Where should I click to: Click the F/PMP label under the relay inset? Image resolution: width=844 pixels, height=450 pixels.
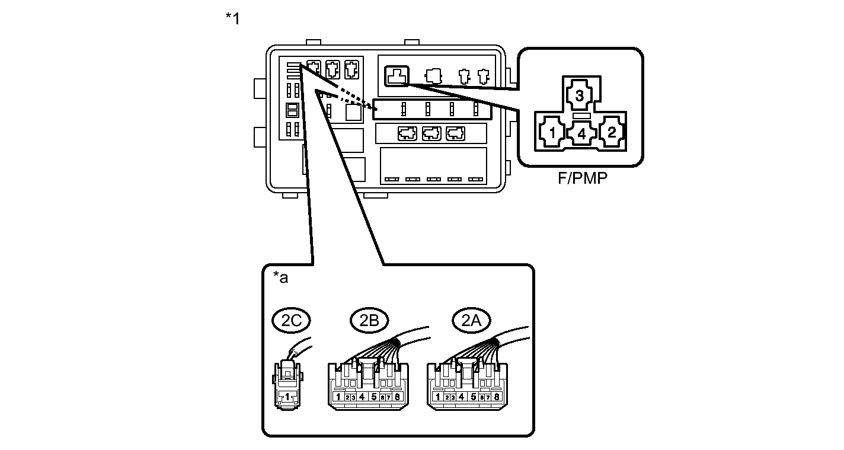[583, 178]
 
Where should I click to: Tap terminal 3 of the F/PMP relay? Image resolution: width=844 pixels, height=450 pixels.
[580, 95]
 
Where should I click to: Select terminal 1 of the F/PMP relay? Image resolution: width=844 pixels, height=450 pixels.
[552, 133]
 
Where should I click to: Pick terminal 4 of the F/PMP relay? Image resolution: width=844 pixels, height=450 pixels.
[582, 133]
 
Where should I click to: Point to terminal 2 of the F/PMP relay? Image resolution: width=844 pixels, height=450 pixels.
[612, 132]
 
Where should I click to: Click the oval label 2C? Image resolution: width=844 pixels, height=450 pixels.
[291, 320]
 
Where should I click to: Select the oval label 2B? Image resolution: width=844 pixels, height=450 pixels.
[369, 320]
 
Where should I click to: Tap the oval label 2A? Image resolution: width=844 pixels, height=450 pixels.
[471, 320]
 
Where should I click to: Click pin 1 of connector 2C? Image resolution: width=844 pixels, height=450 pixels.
[287, 397]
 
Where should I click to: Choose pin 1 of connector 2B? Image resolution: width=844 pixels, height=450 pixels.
[338, 397]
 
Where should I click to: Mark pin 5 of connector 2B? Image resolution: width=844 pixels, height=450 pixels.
[374, 397]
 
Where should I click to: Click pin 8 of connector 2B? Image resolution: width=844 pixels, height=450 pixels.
[397, 397]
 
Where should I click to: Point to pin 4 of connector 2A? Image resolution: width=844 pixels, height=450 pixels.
[461, 397]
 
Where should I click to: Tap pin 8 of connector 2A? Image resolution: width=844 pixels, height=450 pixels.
[497, 397]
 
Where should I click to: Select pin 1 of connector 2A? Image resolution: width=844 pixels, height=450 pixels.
[438, 397]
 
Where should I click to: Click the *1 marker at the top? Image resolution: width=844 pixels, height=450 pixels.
[232, 18]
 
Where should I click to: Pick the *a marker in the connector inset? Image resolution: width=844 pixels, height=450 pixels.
[280, 277]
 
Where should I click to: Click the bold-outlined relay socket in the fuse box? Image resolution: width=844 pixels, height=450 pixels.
[397, 76]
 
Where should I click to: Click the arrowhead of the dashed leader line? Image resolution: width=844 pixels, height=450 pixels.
[374, 108]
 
